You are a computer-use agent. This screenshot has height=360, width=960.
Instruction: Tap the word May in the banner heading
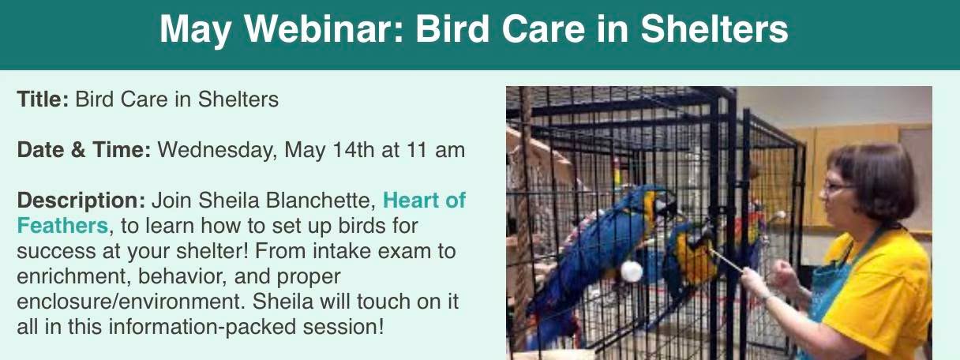tap(197, 31)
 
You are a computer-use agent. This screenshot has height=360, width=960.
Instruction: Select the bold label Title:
tap(43, 99)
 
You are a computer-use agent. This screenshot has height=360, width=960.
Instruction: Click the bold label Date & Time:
tap(84, 149)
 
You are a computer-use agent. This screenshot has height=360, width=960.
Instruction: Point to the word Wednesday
tap(217, 151)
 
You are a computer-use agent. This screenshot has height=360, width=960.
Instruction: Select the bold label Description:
tap(81, 201)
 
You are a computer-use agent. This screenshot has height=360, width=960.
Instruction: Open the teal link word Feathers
tap(62, 226)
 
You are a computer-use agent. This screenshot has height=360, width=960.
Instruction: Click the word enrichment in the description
tap(72, 276)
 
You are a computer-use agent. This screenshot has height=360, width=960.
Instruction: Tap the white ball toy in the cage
tap(632, 272)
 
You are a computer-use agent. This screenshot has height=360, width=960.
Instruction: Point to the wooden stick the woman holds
tap(726, 261)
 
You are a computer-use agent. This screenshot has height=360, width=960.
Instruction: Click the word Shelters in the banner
tap(714, 28)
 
